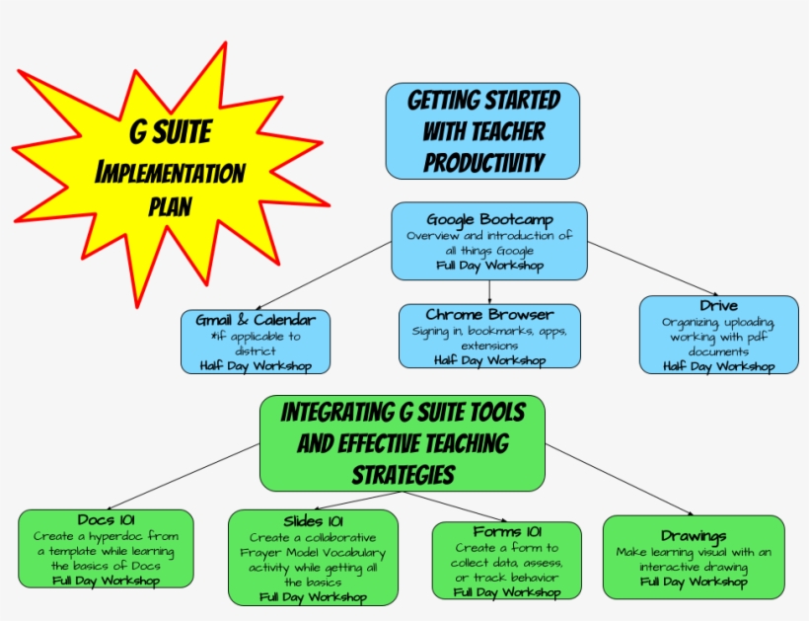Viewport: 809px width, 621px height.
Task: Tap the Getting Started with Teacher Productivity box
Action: (482, 130)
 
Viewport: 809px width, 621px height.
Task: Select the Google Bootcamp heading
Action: (489, 219)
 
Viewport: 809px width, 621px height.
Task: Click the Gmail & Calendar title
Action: (256, 320)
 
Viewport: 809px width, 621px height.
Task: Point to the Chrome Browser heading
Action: (489, 314)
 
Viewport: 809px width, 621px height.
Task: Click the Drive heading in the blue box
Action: (718, 305)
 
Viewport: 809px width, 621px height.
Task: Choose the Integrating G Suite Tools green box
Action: (403, 442)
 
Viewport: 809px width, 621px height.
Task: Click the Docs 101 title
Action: (106, 519)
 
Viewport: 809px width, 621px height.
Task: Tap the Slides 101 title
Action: (313, 521)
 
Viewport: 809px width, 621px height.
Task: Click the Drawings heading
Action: (694, 536)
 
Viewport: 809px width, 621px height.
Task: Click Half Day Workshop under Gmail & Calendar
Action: (256, 365)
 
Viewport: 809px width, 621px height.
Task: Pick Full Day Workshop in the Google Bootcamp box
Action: (489, 266)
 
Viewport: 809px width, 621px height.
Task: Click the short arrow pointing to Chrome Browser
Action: (489, 291)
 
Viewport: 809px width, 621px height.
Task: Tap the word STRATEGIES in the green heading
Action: (403, 475)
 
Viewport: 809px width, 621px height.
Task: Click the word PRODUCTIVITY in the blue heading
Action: (482, 161)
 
